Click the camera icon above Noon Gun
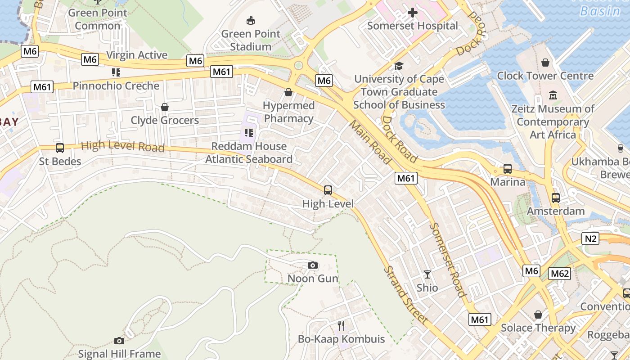tap(313, 265)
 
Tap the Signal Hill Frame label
tap(119, 354)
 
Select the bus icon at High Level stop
tap(328, 190)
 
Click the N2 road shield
tap(590, 238)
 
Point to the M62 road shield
tap(560, 274)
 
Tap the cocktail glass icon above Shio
tap(427, 274)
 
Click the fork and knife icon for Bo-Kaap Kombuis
tap(341, 325)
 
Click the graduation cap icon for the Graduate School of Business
tap(399, 66)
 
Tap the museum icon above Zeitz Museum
tap(553, 95)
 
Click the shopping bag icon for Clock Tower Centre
tap(545, 63)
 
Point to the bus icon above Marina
tap(508, 169)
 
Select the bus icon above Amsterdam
tap(556, 198)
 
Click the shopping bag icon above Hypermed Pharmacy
tap(288, 92)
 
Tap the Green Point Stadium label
tap(251, 40)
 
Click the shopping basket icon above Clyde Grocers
tap(165, 107)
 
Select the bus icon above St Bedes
tap(60, 148)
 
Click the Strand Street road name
tap(405, 295)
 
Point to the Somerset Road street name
tap(447, 260)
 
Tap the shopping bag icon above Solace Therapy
tap(538, 314)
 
